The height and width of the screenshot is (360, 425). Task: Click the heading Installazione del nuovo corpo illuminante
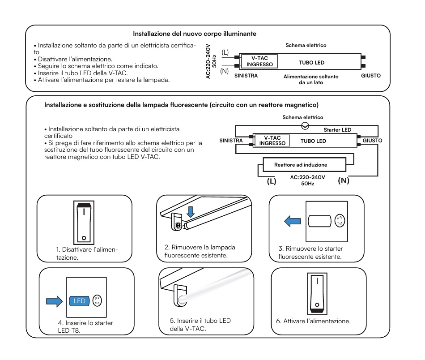[194, 34]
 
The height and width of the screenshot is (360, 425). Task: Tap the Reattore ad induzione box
[304, 165]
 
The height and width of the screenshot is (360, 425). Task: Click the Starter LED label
[337, 130]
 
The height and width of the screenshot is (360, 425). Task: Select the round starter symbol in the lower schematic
[305, 126]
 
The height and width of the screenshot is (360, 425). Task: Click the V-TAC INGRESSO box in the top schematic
[259, 61]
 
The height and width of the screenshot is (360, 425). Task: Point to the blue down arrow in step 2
[191, 212]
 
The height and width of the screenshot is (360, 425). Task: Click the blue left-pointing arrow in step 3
[293, 221]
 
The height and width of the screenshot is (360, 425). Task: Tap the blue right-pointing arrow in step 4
[55, 301]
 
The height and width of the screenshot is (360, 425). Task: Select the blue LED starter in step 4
[79, 301]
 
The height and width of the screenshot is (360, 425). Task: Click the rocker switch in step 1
[84, 223]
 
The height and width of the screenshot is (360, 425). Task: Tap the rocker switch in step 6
[317, 294]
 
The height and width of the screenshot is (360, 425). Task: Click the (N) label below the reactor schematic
[344, 181]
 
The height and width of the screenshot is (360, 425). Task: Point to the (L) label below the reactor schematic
[271, 181]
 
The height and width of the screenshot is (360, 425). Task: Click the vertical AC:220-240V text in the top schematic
[208, 61]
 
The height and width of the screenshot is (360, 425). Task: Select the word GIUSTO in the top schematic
[371, 76]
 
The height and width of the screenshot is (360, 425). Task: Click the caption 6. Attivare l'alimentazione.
[313, 321]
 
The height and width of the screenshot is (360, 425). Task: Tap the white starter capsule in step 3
[319, 221]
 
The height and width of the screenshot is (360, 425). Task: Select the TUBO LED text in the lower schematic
[313, 141]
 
